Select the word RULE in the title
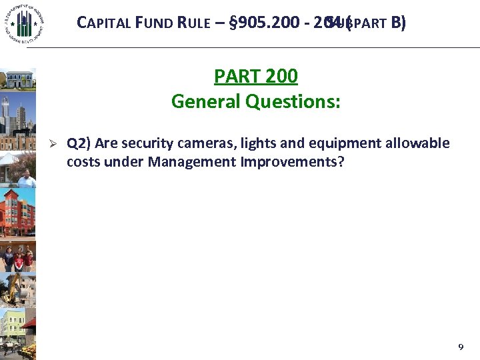click(x=197, y=23)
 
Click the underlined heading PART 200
click(x=255, y=77)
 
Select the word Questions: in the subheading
click(x=293, y=101)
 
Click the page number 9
click(x=460, y=347)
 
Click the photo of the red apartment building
click(x=17, y=213)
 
